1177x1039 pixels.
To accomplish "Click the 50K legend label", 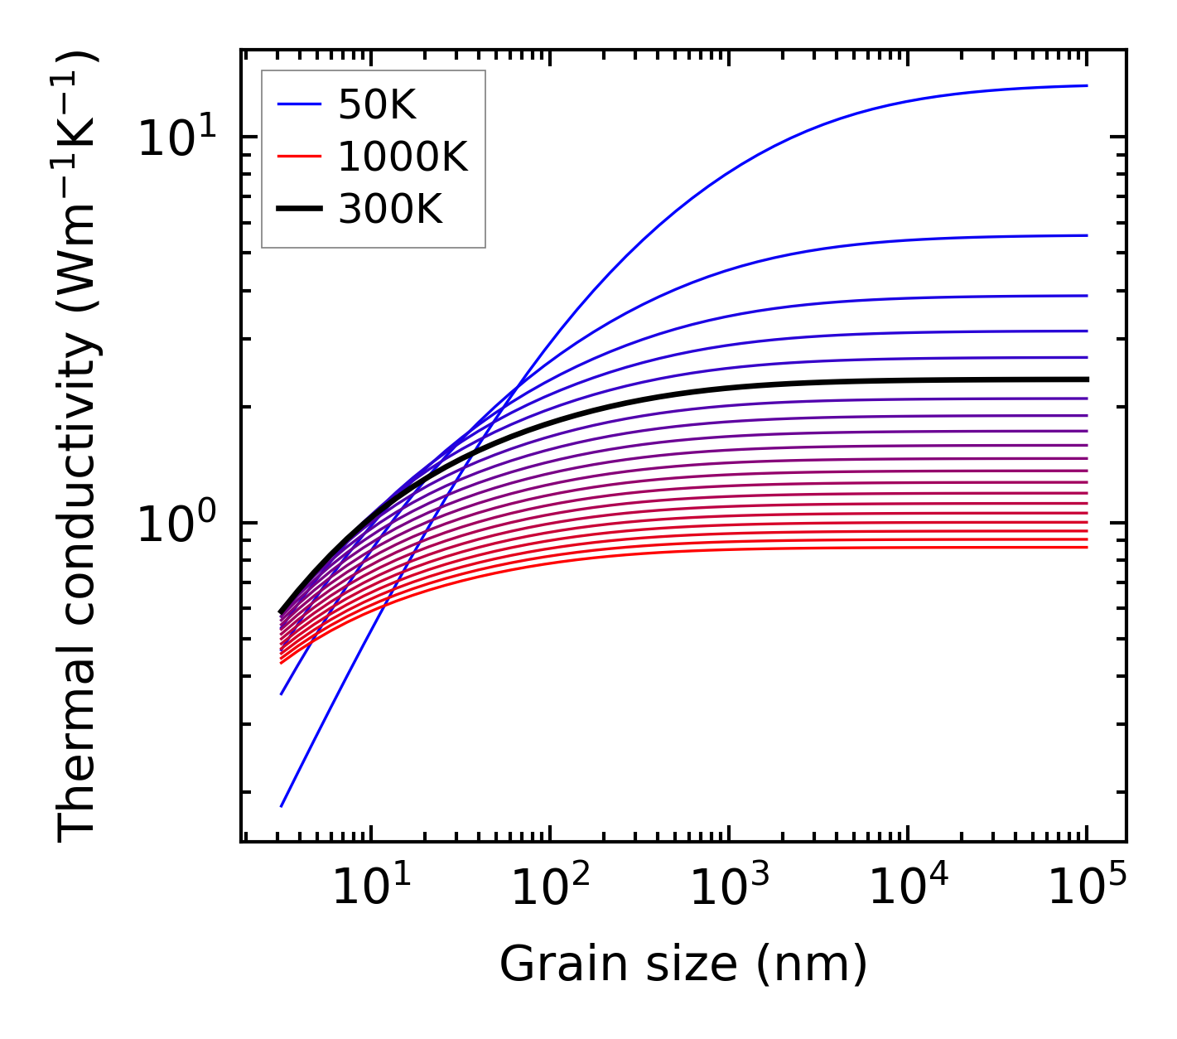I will [x=376, y=104].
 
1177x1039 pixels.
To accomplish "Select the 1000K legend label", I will [x=403, y=157].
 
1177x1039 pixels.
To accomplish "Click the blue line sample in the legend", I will [x=298, y=104].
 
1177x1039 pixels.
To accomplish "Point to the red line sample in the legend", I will [x=298, y=157].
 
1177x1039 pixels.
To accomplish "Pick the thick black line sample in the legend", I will [x=298, y=210].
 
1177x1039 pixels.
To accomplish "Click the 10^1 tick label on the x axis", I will [x=370, y=888].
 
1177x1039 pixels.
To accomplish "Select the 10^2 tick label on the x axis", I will [x=550, y=888].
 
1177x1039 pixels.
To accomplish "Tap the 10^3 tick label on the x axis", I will [x=729, y=888].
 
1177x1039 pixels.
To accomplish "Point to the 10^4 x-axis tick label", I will [x=908, y=888].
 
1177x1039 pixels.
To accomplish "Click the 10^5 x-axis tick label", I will [x=1087, y=888].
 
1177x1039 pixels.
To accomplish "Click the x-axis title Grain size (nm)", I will [x=683, y=964].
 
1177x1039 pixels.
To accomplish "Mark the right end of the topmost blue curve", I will [x=1086, y=85].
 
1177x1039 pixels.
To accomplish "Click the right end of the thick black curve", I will [x=1086, y=379].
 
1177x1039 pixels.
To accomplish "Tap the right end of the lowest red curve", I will [x=1086, y=547].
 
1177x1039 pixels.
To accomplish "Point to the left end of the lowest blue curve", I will [x=282, y=805].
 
